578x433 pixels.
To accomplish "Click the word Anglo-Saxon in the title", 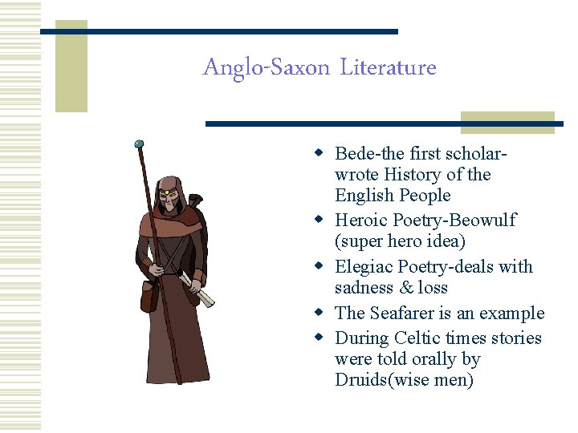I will click(266, 68).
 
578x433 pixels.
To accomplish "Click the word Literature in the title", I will click(388, 68).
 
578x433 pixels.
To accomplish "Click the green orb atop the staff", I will click(140, 144).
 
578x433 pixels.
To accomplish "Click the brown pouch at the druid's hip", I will click(149, 297).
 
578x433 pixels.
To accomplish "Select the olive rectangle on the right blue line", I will click(507, 123).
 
